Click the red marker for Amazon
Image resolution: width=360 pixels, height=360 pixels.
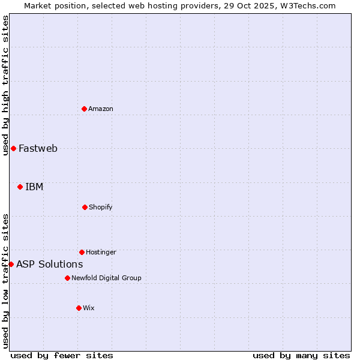[85, 109]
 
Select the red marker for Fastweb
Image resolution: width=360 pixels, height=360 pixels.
[13, 148]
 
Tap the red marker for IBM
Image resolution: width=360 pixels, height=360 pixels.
[20, 187]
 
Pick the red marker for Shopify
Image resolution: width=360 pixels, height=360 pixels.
[85, 207]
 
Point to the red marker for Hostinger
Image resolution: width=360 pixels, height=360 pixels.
[82, 252]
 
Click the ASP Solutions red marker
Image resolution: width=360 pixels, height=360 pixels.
[11, 264]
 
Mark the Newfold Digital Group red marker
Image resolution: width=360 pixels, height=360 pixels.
[67, 278]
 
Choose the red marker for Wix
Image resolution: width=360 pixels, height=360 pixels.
[79, 308]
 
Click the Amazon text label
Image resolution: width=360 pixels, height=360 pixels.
[101, 109]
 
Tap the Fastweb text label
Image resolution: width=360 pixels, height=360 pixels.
[38, 148]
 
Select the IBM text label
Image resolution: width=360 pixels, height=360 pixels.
[34, 187]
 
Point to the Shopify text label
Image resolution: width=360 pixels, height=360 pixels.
[101, 207]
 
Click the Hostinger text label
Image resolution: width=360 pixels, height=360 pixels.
[101, 252]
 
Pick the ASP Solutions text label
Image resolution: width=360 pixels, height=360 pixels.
[49, 264]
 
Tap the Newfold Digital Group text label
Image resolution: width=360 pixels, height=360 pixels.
[106, 278]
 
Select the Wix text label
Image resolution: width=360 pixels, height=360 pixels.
[89, 308]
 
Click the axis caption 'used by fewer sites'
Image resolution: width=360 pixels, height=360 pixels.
[62, 355]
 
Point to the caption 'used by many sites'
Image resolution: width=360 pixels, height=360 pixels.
[301, 355]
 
